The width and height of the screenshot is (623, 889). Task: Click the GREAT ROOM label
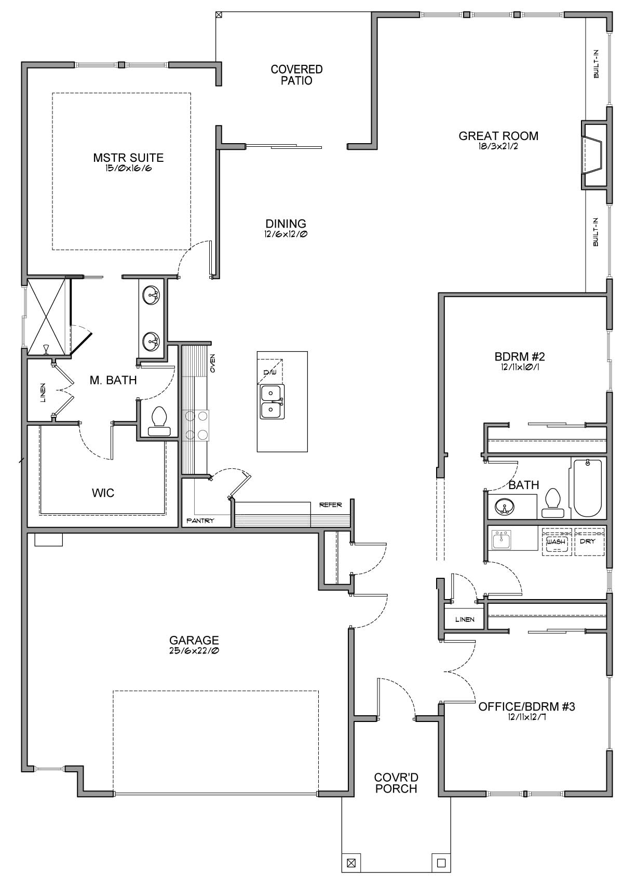pos(498,136)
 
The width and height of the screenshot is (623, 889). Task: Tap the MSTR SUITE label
pos(128,158)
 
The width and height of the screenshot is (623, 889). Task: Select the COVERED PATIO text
pos(296,75)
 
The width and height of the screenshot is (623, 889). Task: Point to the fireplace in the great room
pos(594,155)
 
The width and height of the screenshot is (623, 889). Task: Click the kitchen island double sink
pos(272,401)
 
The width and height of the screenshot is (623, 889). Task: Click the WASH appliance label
pos(556,541)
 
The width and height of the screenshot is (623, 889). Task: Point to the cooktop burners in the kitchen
pos(196,425)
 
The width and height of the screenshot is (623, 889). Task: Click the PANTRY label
pos(200,521)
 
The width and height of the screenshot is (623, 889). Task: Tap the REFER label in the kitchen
pos(330,505)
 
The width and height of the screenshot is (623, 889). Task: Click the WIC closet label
pos(103,493)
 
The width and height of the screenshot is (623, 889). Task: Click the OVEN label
pos(212,363)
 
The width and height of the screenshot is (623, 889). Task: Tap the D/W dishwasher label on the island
pos(269,372)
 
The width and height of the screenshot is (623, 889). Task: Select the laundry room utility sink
pos(502,539)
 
